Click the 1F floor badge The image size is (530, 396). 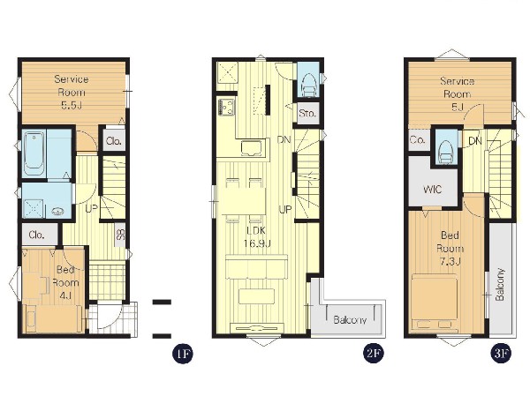coord(183,353)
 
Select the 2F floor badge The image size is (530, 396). coord(374,353)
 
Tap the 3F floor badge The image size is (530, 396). coord(501,353)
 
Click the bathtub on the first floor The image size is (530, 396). coord(34,154)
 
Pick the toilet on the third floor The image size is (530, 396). coord(445,152)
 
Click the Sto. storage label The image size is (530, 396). coord(307,113)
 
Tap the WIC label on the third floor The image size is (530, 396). coord(432,189)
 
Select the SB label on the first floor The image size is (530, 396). coord(121,235)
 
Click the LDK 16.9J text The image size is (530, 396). coord(258,236)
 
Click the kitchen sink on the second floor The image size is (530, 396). coord(251,148)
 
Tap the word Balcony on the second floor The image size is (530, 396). coord(350,319)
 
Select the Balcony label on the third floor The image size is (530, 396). coord(500,284)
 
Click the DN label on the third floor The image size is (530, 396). coord(475,141)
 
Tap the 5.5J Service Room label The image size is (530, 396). coord(72,92)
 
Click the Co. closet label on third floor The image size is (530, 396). coord(418,139)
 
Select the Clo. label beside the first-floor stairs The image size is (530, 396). coord(114,141)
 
